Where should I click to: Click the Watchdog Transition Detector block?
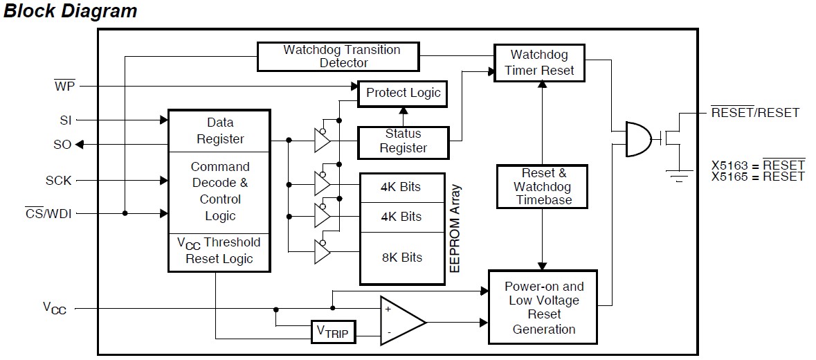338,57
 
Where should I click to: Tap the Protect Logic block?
402,94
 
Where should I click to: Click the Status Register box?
404,142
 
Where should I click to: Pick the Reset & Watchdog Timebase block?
542,187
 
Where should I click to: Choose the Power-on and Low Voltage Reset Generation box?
543,307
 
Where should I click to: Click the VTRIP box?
333,332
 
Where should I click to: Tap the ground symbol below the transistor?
677,176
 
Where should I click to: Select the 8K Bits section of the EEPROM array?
401,258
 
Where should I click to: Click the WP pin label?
64,85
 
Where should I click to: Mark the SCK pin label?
58,181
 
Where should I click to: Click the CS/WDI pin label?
48,213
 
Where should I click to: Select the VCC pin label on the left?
55,308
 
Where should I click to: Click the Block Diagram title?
71,11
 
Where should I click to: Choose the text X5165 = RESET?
759,177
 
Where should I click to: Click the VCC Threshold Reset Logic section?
219,252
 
